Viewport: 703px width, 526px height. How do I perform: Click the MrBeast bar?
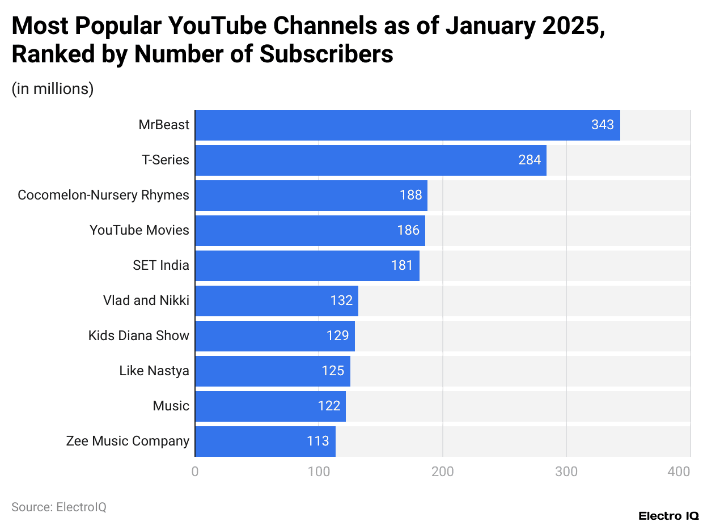coord(407,125)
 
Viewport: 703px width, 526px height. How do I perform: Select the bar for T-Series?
coord(370,160)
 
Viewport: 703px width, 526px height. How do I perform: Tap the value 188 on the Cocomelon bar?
coord(410,195)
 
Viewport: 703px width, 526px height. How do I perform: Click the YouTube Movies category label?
coord(139,230)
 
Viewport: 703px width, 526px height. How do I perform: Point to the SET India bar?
coord(307,265)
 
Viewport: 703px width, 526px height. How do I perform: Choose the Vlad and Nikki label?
coord(146,300)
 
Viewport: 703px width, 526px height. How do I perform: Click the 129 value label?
coord(337,336)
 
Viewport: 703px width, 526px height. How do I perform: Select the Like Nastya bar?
coord(272,371)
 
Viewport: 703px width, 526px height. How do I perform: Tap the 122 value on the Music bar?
coord(329,406)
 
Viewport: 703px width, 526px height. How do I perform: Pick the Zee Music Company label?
coord(128,441)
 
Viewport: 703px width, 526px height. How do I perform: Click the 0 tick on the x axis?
coord(195,471)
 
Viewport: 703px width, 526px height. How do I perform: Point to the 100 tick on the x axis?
coord(319,471)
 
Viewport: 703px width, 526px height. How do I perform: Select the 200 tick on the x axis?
coord(442,471)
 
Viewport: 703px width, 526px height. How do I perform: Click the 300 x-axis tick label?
coord(566,471)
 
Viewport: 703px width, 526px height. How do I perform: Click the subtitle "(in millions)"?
coord(53,89)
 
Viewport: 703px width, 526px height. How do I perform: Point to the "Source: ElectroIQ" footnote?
coord(59,507)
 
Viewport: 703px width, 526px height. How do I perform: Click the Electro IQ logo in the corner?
coord(668,516)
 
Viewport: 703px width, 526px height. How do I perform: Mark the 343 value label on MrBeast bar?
coord(602,125)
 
